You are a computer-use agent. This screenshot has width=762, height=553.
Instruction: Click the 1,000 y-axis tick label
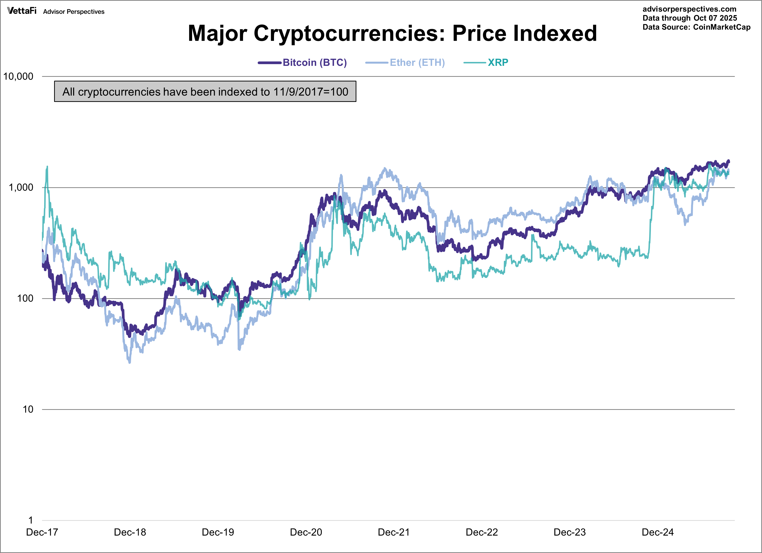21,188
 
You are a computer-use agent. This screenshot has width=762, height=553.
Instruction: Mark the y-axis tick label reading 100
25,298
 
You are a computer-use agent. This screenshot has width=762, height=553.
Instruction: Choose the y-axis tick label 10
28,409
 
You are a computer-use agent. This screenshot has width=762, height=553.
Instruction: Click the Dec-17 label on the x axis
42,532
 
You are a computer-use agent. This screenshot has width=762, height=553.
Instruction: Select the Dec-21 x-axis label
394,532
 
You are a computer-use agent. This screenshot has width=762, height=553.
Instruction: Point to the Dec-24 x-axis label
657,532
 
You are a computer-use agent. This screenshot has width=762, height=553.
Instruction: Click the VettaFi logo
22,11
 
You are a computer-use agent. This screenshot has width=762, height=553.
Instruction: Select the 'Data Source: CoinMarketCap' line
696,27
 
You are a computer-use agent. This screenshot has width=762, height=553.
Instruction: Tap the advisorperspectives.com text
689,9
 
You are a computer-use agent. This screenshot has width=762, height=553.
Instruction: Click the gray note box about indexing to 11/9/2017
205,91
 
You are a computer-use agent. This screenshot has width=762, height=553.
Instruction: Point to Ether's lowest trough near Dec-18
130,362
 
